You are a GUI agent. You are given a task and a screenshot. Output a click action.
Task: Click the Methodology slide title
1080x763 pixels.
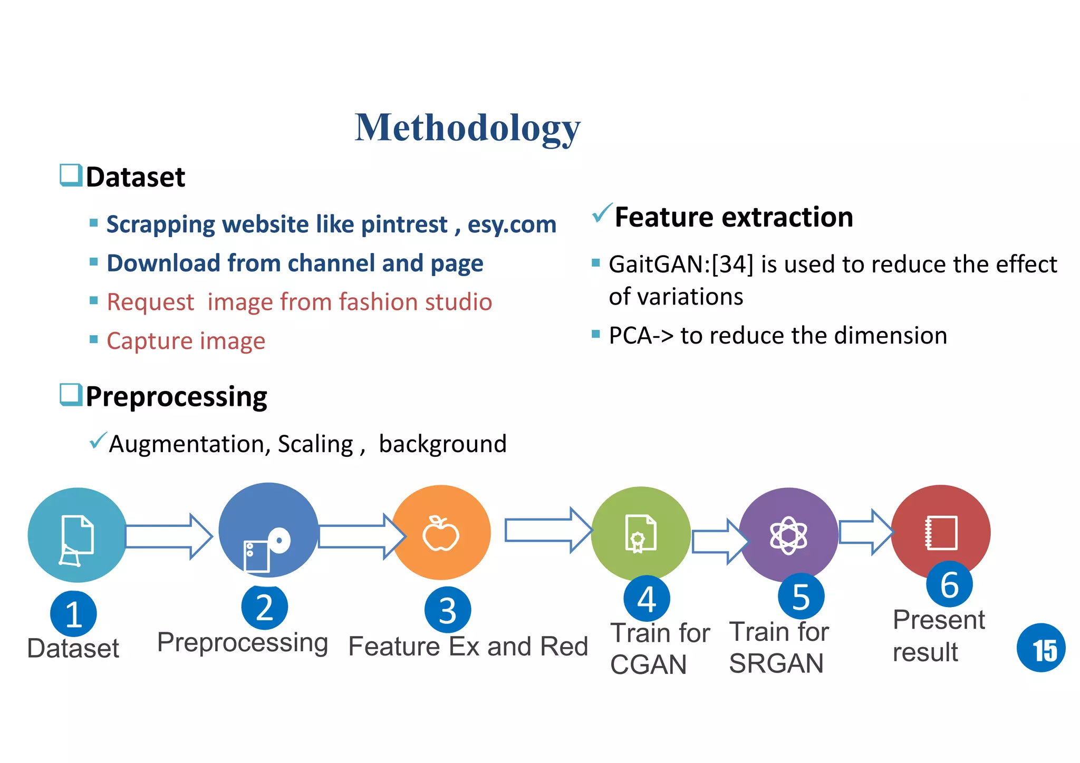tap(467, 128)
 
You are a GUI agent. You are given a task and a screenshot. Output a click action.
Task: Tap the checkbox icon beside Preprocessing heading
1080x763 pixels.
tap(71, 395)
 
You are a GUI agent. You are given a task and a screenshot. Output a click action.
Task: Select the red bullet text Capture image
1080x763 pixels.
tap(186, 341)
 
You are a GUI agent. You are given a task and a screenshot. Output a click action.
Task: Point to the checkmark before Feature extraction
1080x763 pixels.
tap(602, 213)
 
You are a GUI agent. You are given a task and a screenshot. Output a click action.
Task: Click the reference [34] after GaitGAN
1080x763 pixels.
tap(732, 265)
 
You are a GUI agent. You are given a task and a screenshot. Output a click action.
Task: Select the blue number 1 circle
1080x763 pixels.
tap(73, 614)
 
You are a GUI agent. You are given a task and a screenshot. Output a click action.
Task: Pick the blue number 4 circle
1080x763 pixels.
tap(647, 599)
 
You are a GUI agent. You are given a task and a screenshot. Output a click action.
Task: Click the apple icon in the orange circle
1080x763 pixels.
tap(441, 534)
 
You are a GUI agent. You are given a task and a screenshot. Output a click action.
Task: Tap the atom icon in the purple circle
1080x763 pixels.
tap(788, 535)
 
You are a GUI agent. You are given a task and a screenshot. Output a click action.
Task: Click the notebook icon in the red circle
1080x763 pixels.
tap(941, 533)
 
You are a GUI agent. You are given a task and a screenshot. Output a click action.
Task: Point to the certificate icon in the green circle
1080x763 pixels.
tap(640, 533)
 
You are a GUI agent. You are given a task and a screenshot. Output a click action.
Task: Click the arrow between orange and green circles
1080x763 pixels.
tap(547, 530)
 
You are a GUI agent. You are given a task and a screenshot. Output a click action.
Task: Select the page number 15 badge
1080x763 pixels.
tap(1040, 648)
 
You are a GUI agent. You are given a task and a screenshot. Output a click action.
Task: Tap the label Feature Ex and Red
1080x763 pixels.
tap(468, 647)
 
